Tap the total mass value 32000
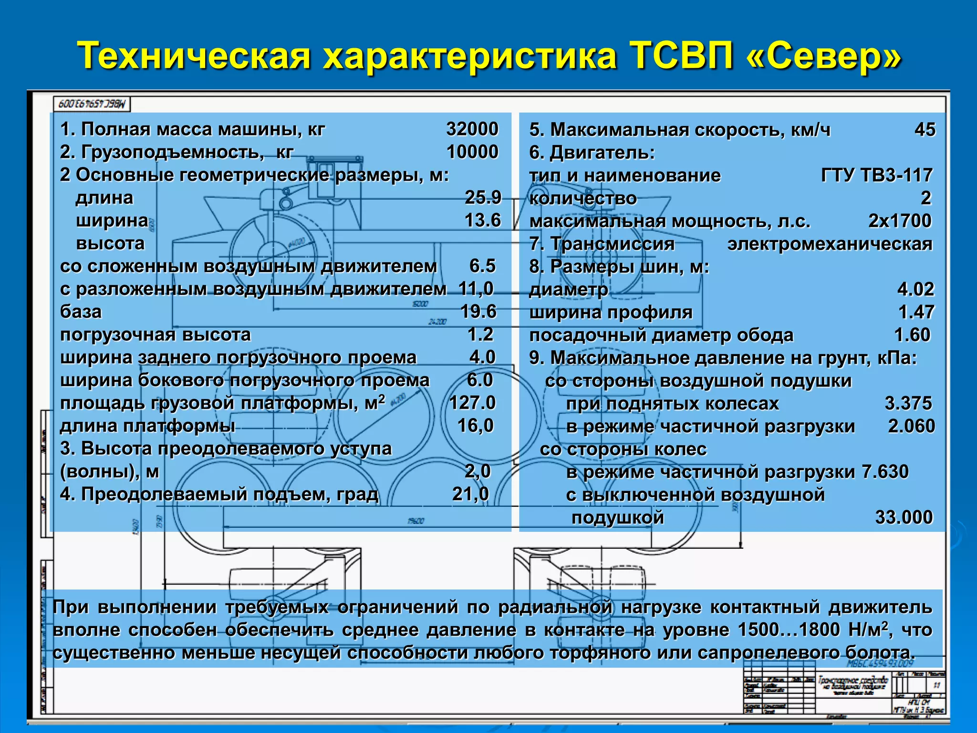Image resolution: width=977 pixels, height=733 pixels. pos(472,129)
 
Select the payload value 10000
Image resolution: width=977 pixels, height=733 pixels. pos(472,152)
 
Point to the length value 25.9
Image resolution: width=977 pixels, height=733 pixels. pos(483,197)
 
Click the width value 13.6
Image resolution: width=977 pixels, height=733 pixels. pos(483,220)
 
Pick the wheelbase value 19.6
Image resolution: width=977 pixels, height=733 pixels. pos(478,311)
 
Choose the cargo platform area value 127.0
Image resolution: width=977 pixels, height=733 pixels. pos(472,403)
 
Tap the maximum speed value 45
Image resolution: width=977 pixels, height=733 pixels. pos(925,129)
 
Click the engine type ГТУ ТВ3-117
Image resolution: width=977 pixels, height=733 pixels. pos(876,175)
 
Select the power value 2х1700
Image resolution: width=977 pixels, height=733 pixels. pos(900,220)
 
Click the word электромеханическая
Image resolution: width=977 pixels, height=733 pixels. pos(830,244)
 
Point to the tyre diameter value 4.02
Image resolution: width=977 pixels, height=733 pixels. pos(915,289)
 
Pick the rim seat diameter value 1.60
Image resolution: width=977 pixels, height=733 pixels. pos(912,335)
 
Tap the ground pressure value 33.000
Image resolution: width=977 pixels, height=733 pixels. pos(904,517)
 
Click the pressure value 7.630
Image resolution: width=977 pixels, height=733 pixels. pos(885,471)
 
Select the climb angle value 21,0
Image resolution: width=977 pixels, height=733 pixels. pos(471,494)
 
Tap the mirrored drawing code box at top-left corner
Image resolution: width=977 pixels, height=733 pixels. pos(91,104)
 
